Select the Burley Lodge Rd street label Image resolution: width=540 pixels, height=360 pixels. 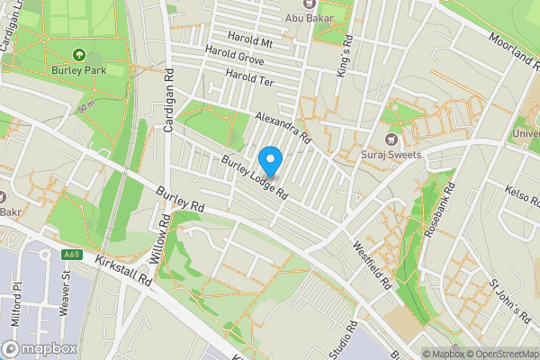[x=255, y=176]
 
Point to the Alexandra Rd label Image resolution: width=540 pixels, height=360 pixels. [x=282, y=128]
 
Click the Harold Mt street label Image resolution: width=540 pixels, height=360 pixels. [x=251, y=41]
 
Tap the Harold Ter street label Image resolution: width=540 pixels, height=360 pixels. [x=249, y=80]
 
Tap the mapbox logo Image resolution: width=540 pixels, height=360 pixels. [x=38, y=348]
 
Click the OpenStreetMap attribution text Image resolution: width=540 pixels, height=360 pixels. [x=499, y=354]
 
